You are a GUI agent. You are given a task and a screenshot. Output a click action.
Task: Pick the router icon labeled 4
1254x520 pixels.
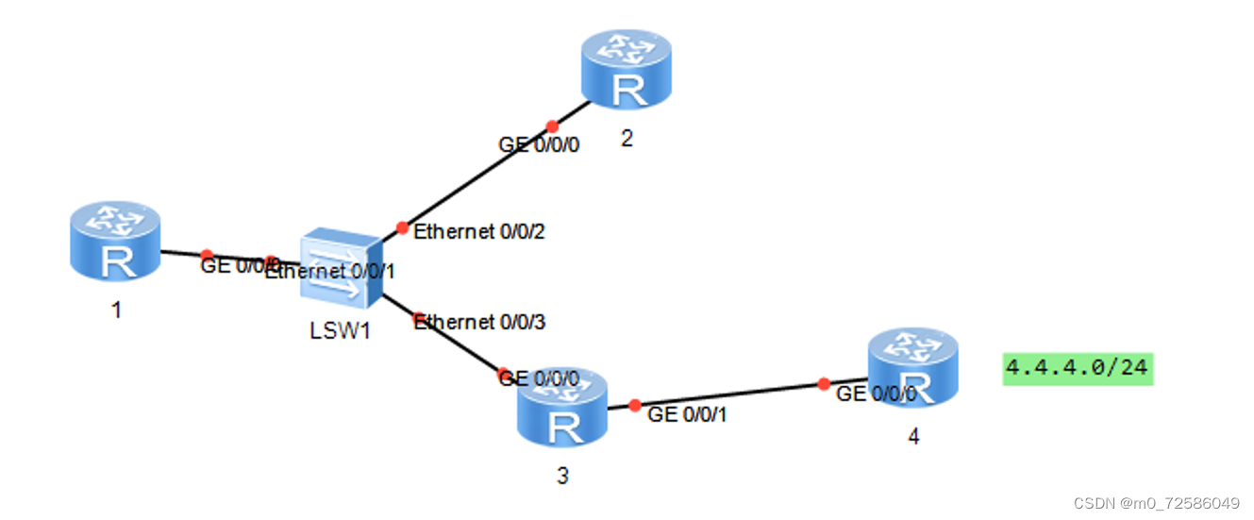click(912, 367)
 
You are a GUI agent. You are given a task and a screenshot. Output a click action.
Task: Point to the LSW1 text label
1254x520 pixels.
click(340, 332)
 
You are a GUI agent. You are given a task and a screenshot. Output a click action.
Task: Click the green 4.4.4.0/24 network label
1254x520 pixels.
click(1078, 367)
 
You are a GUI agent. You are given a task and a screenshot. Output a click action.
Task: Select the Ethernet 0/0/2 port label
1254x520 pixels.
click(479, 231)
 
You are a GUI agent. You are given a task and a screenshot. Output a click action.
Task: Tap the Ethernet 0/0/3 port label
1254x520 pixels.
click(479, 322)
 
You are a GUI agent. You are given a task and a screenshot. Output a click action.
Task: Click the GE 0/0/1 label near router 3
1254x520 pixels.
click(688, 413)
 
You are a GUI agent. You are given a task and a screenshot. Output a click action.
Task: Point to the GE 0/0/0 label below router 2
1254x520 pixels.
click(539, 144)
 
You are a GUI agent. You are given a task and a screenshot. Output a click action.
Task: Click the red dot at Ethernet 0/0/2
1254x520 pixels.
click(402, 227)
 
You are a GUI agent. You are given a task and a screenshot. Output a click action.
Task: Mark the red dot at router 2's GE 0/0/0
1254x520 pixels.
click(552, 126)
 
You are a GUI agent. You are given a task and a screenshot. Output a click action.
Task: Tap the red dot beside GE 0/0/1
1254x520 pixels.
click(634, 404)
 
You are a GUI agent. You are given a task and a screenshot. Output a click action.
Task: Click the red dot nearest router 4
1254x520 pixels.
click(824, 384)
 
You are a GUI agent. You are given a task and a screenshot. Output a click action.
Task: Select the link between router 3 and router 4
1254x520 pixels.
click(727, 395)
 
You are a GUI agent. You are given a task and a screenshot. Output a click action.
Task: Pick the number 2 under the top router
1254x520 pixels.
click(627, 139)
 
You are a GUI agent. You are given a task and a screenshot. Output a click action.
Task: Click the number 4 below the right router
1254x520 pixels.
click(912, 437)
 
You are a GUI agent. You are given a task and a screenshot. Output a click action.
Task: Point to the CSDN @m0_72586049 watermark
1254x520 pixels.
click(1174, 501)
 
